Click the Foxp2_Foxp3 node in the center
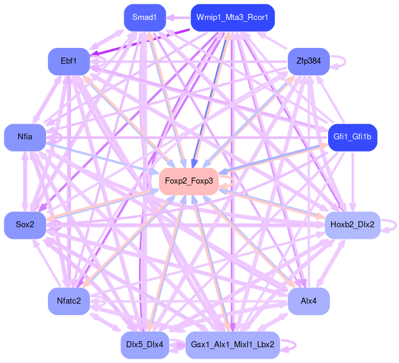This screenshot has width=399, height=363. point(189,181)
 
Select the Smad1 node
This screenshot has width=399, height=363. point(144,18)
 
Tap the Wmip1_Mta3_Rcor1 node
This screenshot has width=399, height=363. point(232,18)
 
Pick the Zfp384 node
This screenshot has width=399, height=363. point(308,61)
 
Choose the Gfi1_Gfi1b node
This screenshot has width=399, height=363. point(352,138)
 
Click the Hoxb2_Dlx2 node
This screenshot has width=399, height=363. point(352,225)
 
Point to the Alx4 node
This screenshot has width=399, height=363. point(308,301)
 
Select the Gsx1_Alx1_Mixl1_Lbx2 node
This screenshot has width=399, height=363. point(232,345)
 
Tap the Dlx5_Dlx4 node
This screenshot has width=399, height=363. point(144,345)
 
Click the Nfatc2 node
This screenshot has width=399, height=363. point(69,301)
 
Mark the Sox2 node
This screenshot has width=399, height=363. point(25,225)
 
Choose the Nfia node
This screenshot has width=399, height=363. point(25,138)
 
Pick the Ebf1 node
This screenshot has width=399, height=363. point(69,61)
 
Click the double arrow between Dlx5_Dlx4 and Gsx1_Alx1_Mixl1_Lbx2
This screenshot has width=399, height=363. point(177,345)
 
